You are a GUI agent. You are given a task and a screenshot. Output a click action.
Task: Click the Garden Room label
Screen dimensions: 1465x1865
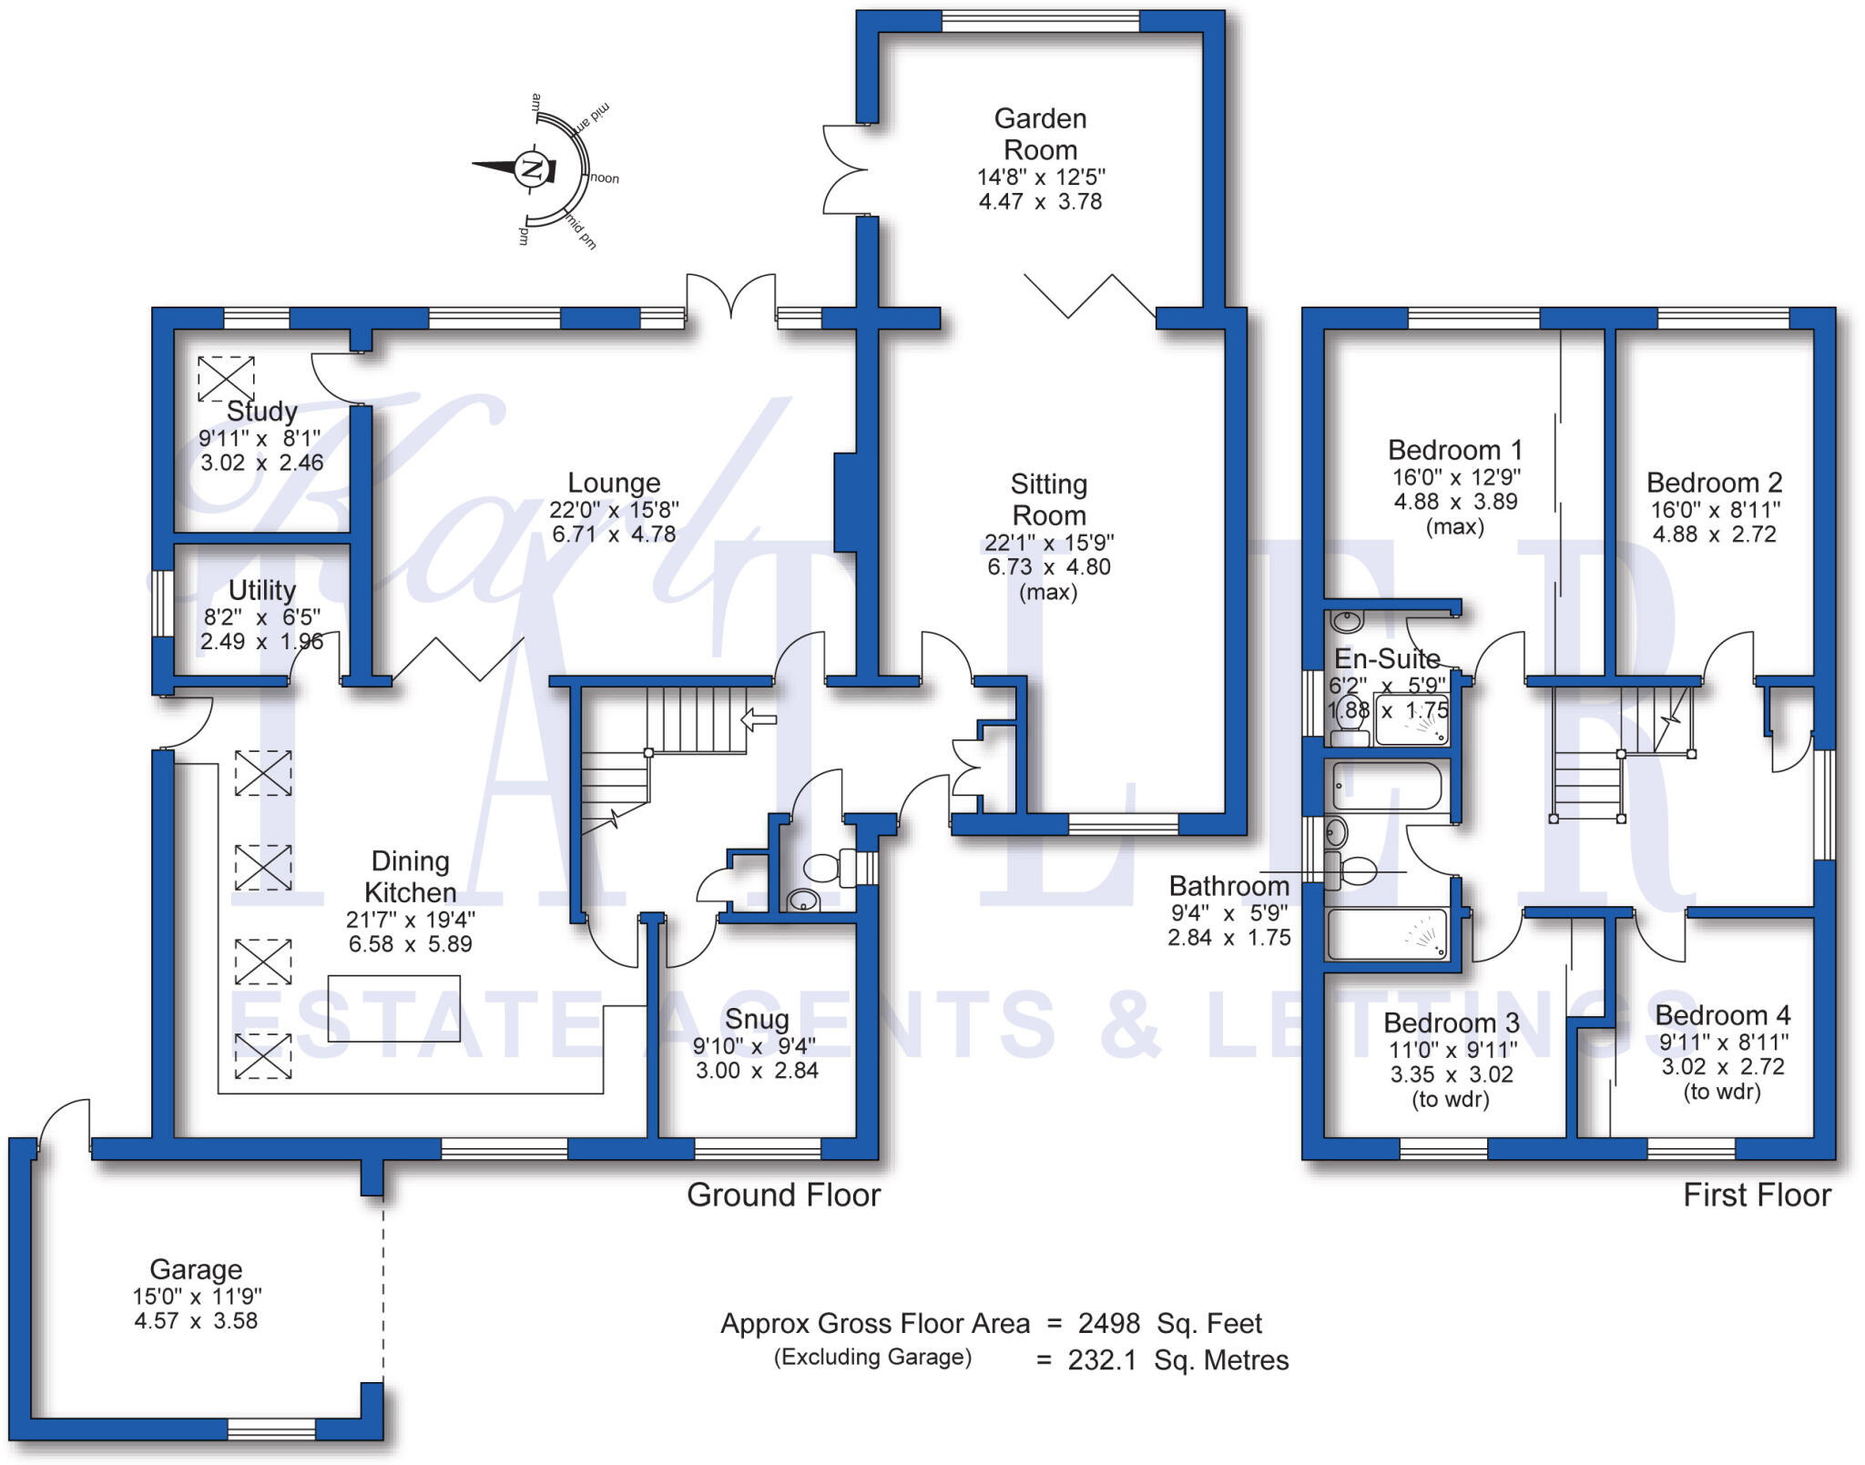coord(1040,134)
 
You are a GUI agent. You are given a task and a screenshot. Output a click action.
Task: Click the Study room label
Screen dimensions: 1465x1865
coord(262,411)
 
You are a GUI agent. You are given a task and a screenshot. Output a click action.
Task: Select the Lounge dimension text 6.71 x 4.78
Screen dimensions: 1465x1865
coord(614,534)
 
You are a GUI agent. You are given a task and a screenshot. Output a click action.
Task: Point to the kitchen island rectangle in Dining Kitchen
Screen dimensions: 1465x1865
coord(393,1009)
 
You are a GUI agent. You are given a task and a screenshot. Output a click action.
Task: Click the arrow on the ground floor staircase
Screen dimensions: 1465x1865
coord(759,720)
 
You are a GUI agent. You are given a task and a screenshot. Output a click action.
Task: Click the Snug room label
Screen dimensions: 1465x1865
coord(757,1019)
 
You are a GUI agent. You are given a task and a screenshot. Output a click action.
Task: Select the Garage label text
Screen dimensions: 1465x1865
coord(196,1268)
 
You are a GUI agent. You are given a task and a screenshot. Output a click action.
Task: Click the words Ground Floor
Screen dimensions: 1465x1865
coord(783,1195)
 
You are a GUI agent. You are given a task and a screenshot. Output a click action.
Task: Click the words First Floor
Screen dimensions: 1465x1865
coord(1757,1195)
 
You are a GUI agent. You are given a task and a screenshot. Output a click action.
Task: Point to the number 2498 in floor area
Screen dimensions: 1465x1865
coord(1108,1323)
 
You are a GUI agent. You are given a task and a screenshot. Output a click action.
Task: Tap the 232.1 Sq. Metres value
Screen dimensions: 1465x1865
coord(1177,1360)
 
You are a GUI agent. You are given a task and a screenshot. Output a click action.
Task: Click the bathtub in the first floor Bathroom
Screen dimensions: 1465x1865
coord(1386,787)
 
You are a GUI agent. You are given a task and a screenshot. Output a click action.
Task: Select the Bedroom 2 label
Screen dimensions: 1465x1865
coord(1714,483)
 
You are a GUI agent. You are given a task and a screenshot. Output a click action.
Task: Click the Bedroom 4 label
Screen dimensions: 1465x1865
coord(1722,1014)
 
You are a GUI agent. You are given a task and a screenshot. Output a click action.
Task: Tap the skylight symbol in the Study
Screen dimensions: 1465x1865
coord(226,378)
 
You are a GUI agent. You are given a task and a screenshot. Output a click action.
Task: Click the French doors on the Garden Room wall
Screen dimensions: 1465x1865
coord(842,170)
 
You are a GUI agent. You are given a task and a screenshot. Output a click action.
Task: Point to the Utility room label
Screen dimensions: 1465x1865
coord(262,590)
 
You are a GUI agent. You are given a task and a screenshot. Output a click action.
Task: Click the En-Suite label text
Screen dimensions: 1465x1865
coord(1387,658)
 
